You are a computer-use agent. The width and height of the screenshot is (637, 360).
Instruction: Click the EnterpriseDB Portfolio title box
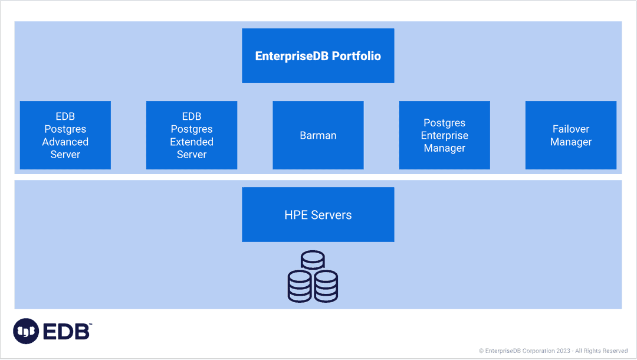tap(318, 56)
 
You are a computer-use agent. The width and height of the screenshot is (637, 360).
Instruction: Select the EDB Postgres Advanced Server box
tap(65, 135)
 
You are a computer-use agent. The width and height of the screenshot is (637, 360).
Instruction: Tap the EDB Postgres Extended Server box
tap(192, 135)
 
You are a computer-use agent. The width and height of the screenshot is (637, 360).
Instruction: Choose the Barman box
tap(318, 135)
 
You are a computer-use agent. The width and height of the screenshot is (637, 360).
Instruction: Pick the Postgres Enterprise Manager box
tap(444, 135)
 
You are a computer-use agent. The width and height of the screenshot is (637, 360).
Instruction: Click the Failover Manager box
tap(571, 135)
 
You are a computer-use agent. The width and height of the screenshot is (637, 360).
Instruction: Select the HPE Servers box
tap(318, 215)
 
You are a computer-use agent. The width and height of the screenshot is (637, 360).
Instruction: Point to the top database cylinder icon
tap(313, 261)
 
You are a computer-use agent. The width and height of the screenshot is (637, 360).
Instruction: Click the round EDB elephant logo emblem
tap(26, 331)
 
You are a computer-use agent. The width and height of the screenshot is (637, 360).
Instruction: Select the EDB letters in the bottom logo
tap(66, 332)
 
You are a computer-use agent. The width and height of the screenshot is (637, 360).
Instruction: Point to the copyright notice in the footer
tap(553, 351)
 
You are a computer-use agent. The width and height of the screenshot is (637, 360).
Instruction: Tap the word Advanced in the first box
tap(65, 142)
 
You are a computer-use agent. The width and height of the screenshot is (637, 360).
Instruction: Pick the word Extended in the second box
tap(192, 142)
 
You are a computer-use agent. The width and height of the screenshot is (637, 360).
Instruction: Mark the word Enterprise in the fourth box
tap(444, 135)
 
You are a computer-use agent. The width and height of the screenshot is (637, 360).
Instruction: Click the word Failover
tap(571, 129)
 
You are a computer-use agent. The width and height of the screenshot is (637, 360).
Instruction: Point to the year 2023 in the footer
tap(563, 351)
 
